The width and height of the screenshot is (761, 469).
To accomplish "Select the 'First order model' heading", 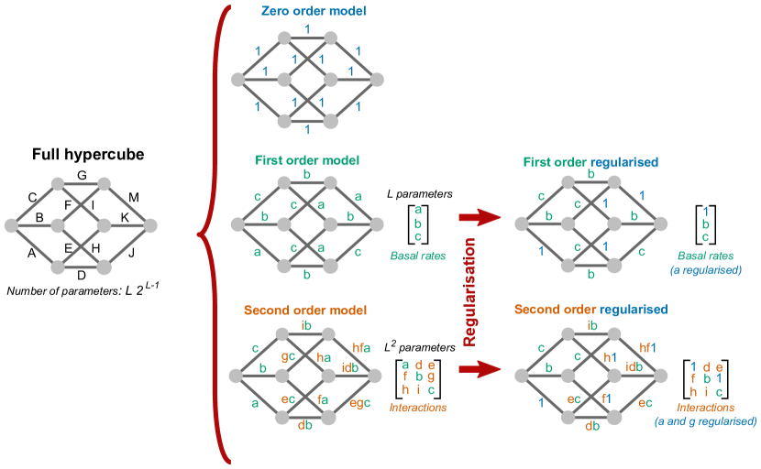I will [306, 160].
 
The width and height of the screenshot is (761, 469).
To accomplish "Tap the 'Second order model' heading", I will [305, 310].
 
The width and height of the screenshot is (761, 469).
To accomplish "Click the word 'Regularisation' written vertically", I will [469, 291].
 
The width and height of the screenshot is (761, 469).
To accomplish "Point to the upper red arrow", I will [480, 217].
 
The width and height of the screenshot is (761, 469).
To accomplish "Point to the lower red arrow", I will [480, 369].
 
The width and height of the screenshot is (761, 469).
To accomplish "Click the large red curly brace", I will [210, 234].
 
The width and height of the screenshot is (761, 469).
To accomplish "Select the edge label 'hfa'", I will [361, 347].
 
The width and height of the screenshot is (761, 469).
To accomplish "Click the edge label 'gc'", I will [288, 355].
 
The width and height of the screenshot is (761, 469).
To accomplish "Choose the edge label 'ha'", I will [323, 356].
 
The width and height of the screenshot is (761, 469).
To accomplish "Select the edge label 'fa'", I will [324, 398].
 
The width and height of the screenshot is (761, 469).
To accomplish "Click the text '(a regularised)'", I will [705, 271].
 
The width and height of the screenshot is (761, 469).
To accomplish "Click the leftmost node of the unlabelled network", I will [11, 224].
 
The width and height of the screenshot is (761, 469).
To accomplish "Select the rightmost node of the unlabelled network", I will [150, 224].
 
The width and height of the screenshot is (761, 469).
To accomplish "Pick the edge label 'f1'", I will [608, 398].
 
